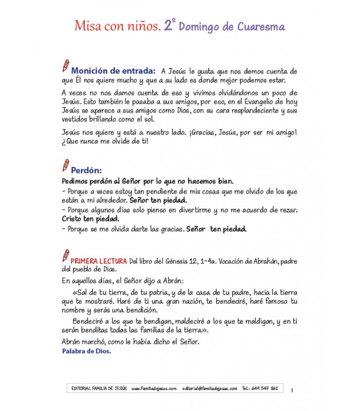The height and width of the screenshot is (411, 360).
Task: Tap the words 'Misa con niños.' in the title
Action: coord(117,26)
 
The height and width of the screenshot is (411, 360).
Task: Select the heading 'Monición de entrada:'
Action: coord(113,70)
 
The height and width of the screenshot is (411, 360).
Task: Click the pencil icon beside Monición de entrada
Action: coord(65,66)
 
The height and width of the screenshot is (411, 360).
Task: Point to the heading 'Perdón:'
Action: coord(86,170)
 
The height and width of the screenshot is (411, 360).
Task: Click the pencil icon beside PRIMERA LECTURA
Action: coord(65,255)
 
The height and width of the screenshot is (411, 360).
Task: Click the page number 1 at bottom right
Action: coord(292,390)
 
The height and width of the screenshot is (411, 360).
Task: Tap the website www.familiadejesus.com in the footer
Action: coord(154,388)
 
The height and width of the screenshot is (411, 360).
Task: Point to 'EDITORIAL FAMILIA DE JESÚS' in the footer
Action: coord(98,388)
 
